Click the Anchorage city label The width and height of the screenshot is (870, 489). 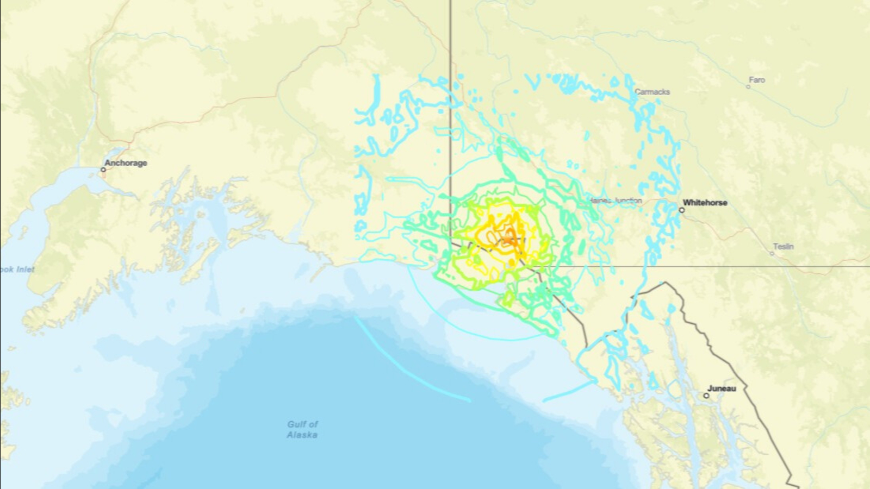(x=126, y=163)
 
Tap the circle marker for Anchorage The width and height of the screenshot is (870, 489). (x=103, y=170)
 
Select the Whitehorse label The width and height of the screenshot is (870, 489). (x=705, y=203)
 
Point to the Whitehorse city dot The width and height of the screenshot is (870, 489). (x=682, y=210)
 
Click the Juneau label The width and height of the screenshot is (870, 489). (x=722, y=388)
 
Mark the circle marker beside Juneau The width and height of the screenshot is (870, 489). (x=706, y=396)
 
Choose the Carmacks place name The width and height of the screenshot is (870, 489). (x=652, y=92)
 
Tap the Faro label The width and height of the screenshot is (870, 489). (x=757, y=80)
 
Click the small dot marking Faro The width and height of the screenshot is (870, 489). (x=748, y=86)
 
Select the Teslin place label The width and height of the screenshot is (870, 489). (x=784, y=247)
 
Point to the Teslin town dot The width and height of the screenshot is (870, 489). (x=772, y=253)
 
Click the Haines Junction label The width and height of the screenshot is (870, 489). (x=616, y=200)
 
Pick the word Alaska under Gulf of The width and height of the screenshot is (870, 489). (x=302, y=435)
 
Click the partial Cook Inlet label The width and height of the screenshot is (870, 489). (x=17, y=269)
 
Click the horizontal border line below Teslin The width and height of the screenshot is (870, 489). (x=761, y=266)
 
